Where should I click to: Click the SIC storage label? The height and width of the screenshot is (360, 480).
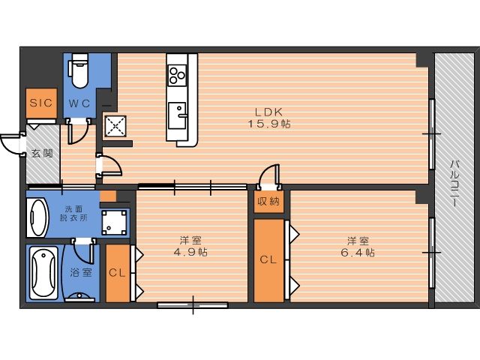tap(41, 103)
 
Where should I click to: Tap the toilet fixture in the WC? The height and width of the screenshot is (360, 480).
tap(79, 70)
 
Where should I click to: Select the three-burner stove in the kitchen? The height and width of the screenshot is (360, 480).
tap(177, 75)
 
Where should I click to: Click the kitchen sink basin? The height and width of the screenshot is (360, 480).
tap(177, 115)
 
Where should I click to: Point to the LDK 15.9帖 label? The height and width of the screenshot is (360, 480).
tap(268, 118)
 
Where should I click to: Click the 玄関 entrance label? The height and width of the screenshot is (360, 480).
tap(42, 153)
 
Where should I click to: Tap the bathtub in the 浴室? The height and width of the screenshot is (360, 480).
tap(43, 273)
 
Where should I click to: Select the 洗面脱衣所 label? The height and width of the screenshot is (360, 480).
tap(73, 214)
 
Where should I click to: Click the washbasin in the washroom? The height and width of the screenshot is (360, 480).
tap(37, 217)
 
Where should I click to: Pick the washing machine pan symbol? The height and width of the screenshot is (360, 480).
tap(114, 223)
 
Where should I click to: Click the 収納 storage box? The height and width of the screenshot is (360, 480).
tap(268, 202)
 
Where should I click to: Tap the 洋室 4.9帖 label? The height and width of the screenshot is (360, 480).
tap(190, 246)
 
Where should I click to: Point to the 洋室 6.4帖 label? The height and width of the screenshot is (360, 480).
tap(358, 247)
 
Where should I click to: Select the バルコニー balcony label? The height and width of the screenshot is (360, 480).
tap(454, 183)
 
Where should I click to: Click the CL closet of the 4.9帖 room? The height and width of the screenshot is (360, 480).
tap(118, 273)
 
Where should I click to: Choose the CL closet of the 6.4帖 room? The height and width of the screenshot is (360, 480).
tap(268, 260)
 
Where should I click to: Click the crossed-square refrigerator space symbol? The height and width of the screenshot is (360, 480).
tap(115, 126)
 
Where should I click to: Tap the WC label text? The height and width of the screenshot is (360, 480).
tap(79, 103)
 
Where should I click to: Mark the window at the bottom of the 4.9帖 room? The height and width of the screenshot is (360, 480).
tap(193, 305)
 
